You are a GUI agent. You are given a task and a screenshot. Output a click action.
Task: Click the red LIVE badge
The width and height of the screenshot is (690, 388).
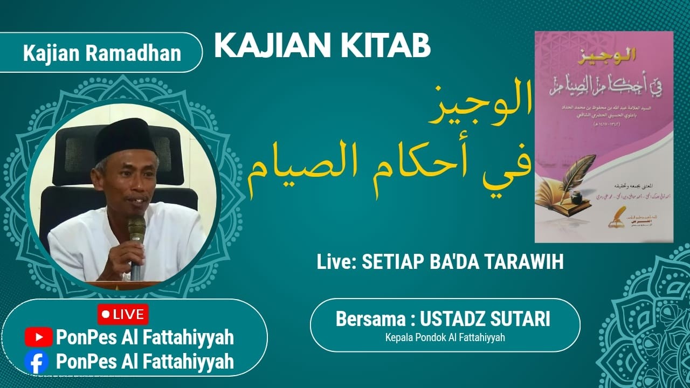click(x=123, y=314)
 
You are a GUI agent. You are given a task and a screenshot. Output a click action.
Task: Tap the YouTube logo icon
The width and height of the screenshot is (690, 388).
click(x=38, y=337)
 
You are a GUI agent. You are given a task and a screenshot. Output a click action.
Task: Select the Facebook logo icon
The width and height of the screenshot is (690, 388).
click(x=37, y=361)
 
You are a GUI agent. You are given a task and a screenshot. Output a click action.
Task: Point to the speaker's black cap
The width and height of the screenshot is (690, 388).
click(x=125, y=137)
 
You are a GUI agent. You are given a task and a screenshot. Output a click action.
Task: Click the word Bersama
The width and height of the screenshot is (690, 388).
click(x=369, y=318)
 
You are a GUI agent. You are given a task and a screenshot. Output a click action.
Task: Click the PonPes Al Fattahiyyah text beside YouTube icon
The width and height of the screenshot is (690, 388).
click(x=144, y=338)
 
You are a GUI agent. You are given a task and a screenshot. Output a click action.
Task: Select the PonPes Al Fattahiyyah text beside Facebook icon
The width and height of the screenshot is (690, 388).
click(x=144, y=361)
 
